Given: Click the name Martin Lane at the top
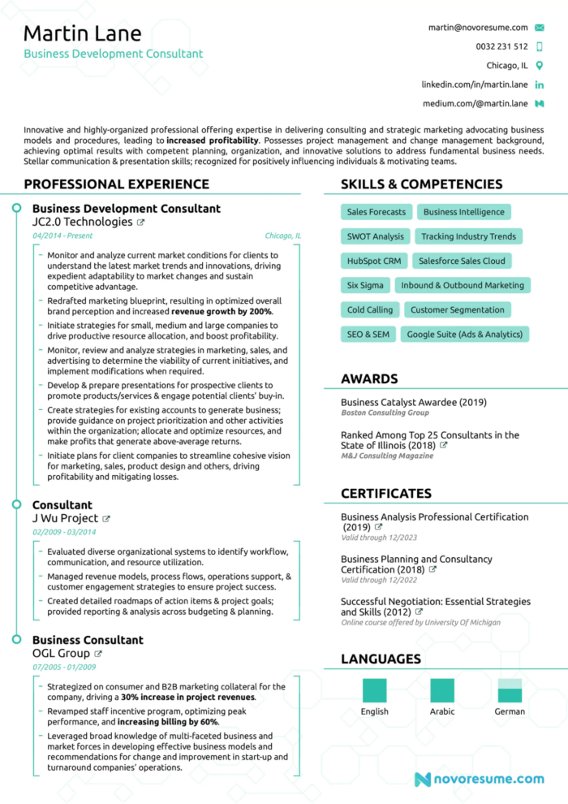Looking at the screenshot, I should (x=82, y=33).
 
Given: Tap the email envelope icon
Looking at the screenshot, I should (x=540, y=28).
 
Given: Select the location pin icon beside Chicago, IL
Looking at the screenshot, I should (x=540, y=65).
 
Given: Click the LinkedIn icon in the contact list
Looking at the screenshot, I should (x=540, y=84).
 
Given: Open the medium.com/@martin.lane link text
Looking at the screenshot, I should (x=475, y=103).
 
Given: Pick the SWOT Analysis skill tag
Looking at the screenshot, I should (x=375, y=236).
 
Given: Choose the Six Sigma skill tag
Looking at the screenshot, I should (x=365, y=285).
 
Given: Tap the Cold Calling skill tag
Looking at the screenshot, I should (x=369, y=309).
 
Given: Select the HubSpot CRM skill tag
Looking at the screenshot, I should (x=374, y=261).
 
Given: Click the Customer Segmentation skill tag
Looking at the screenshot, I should (x=458, y=309).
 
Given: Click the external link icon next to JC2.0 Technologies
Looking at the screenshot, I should (x=140, y=223).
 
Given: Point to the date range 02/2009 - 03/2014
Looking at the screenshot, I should (x=64, y=532).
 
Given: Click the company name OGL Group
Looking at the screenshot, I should (x=61, y=653).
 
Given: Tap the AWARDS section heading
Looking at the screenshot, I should (x=369, y=378).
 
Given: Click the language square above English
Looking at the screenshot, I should (x=374, y=690).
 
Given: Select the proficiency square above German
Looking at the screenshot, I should (x=510, y=690).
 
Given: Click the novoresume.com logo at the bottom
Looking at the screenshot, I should (x=479, y=780).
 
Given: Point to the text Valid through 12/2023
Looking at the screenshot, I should (x=379, y=538).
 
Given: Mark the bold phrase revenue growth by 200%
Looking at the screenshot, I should (x=222, y=311).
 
